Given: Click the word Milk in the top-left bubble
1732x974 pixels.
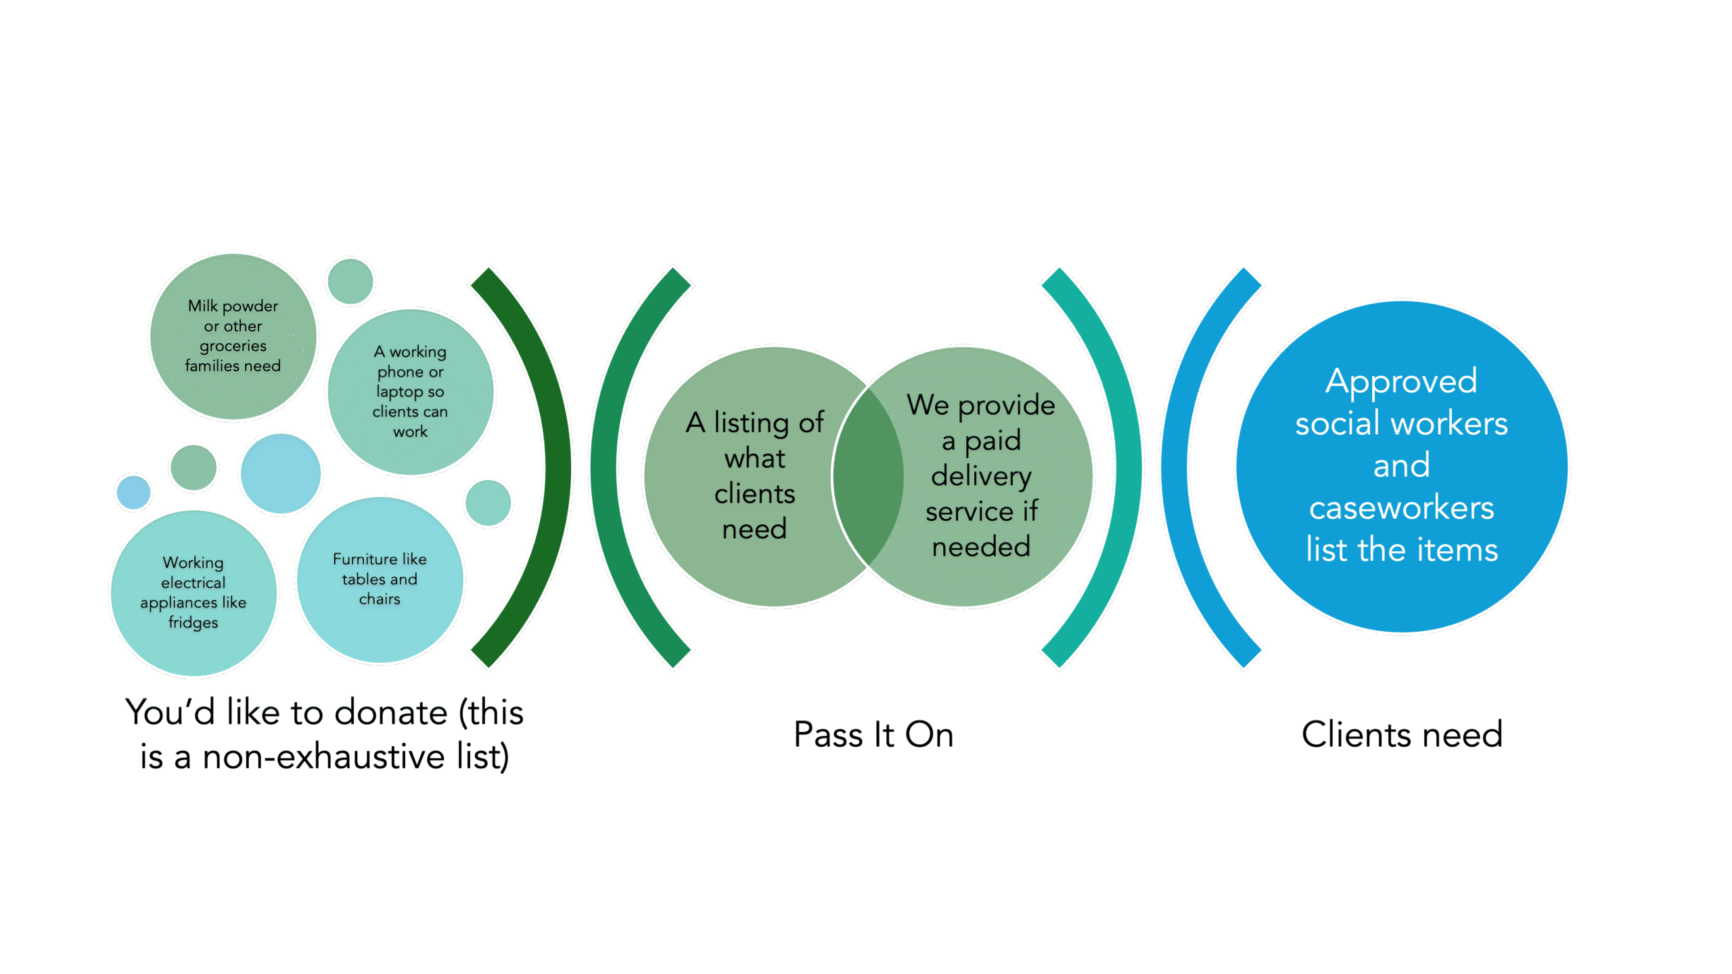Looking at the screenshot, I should [202, 306].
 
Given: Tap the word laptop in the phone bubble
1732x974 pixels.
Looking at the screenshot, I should [399, 392].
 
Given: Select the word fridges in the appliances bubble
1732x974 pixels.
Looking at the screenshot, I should [193, 622].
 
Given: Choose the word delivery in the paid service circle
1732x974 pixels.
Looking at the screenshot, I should [981, 476].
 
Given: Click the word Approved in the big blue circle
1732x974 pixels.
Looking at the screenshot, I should [1401, 381].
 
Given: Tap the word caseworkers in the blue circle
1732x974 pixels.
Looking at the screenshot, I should [1401, 508].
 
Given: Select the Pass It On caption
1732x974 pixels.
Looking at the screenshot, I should [873, 735].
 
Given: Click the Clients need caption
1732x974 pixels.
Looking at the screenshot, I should [1402, 735].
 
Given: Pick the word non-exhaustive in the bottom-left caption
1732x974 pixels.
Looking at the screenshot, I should [323, 757].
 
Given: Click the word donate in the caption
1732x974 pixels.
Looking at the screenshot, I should [390, 713].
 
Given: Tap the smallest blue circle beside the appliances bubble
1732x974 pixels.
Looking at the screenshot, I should [133, 492].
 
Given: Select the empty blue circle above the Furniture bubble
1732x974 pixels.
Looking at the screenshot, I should [281, 473].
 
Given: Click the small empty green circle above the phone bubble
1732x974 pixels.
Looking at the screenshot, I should [350, 281].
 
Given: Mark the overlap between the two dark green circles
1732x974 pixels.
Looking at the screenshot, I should [869, 476].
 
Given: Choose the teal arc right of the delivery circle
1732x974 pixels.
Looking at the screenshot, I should [1126, 467].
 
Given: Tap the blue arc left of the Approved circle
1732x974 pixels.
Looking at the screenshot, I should [1175, 467].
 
